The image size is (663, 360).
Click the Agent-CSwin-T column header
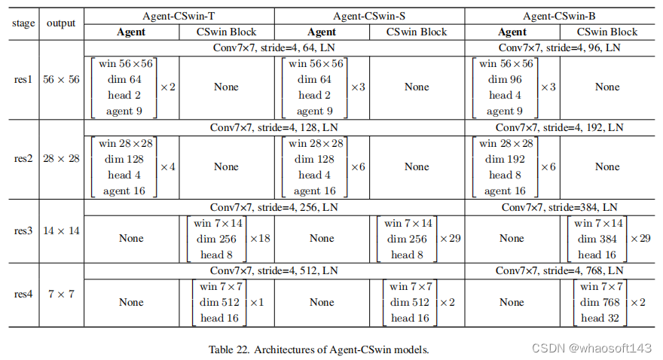(x=179, y=16)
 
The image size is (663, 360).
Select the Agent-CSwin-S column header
(x=369, y=16)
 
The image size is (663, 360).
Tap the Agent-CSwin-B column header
(x=560, y=16)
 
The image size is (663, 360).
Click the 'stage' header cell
(x=24, y=23)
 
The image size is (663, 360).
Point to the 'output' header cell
(x=61, y=23)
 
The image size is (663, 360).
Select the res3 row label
(x=24, y=231)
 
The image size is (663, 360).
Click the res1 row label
(x=24, y=80)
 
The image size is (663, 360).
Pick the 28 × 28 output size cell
(x=61, y=160)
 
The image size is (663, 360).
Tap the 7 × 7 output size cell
(x=61, y=294)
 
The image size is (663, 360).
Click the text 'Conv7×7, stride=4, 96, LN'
(x=560, y=48)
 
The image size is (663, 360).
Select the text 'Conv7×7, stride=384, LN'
(x=560, y=207)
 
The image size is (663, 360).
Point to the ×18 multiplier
(x=260, y=239)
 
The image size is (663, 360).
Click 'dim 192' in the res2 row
(x=506, y=159)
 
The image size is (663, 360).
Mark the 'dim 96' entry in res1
(x=506, y=79)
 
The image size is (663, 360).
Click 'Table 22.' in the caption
(x=230, y=349)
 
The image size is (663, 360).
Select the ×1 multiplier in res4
(x=257, y=302)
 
